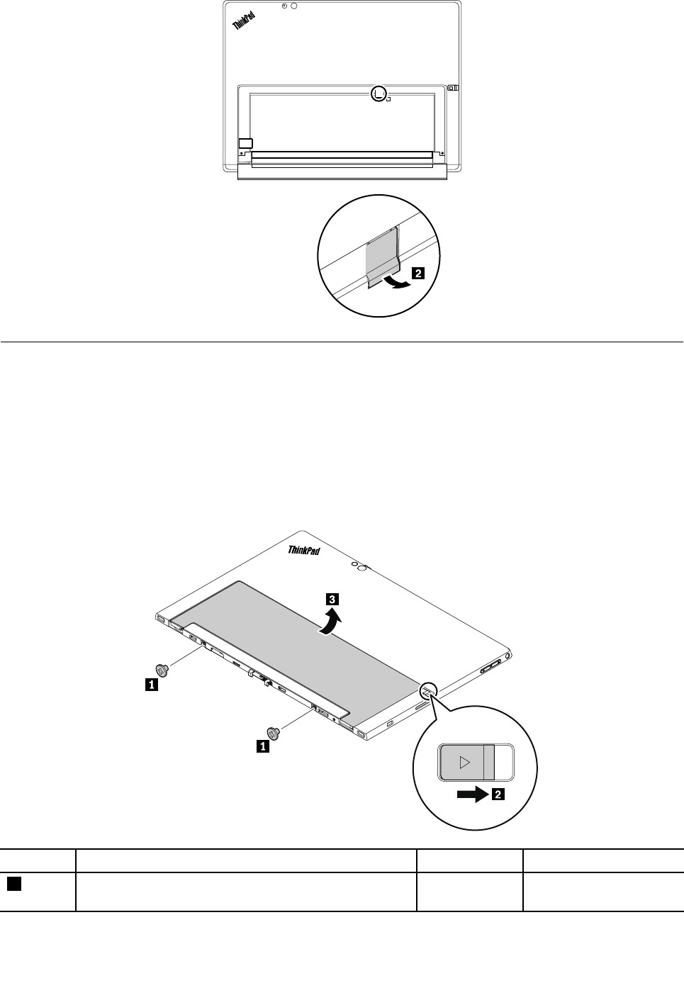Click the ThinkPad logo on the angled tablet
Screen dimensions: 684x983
pyautogui.click(x=304, y=550)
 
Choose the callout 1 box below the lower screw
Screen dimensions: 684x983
pyautogui.click(x=262, y=746)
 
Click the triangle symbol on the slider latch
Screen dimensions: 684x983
pyautogui.click(x=464, y=763)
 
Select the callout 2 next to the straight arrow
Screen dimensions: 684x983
pyautogui.click(x=498, y=795)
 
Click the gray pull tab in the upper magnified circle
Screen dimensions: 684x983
pyautogui.click(x=383, y=255)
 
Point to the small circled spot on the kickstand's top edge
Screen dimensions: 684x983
pyautogui.click(x=380, y=92)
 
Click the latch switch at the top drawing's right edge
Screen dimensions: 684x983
pyautogui.click(x=454, y=89)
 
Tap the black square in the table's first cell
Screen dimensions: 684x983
pyautogui.click(x=13, y=884)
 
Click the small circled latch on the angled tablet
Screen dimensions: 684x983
pyautogui.click(x=430, y=689)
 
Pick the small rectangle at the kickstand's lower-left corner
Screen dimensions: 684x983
pyautogui.click(x=245, y=142)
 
